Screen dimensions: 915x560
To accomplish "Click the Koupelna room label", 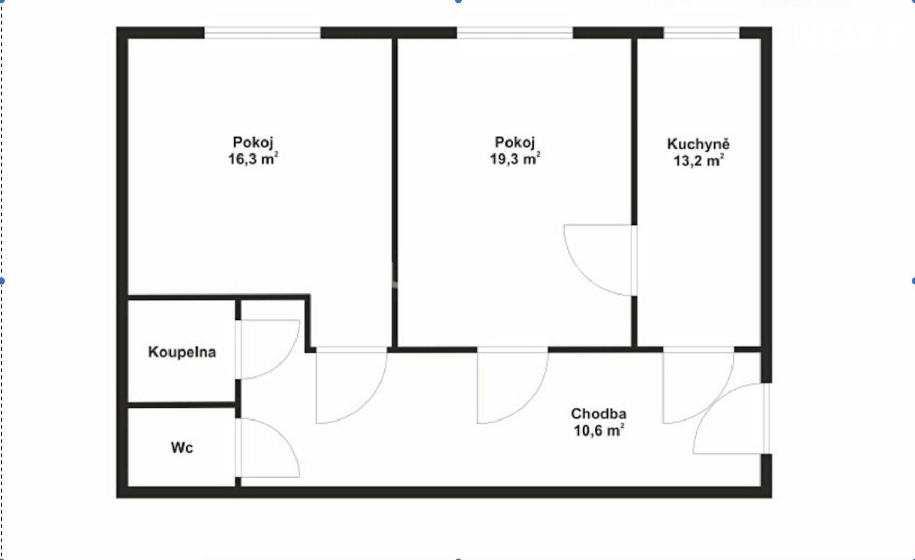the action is pyautogui.click(x=182, y=352).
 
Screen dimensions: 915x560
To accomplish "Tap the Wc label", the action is pyautogui.click(x=182, y=447).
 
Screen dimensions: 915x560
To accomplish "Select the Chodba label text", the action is pyautogui.click(x=599, y=414).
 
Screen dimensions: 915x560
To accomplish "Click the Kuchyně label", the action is pyautogui.click(x=698, y=144).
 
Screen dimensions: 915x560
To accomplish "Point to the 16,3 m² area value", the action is pyautogui.click(x=254, y=158).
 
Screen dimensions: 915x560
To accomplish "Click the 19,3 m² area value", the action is pyautogui.click(x=515, y=158).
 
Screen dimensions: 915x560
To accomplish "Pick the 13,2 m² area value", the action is pyautogui.click(x=698, y=160).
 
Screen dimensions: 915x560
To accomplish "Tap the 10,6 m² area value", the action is pyautogui.click(x=599, y=430).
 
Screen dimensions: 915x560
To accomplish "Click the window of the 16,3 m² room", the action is pyautogui.click(x=262, y=33).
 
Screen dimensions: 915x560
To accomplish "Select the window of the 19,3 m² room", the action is pyautogui.click(x=515, y=33).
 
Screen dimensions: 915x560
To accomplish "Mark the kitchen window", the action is pyautogui.click(x=701, y=33).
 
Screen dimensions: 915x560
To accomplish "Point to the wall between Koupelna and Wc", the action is pyautogui.click(x=182, y=404).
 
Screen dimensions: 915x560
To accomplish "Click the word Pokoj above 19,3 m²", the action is pyautogui.click(x=515, y=142).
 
